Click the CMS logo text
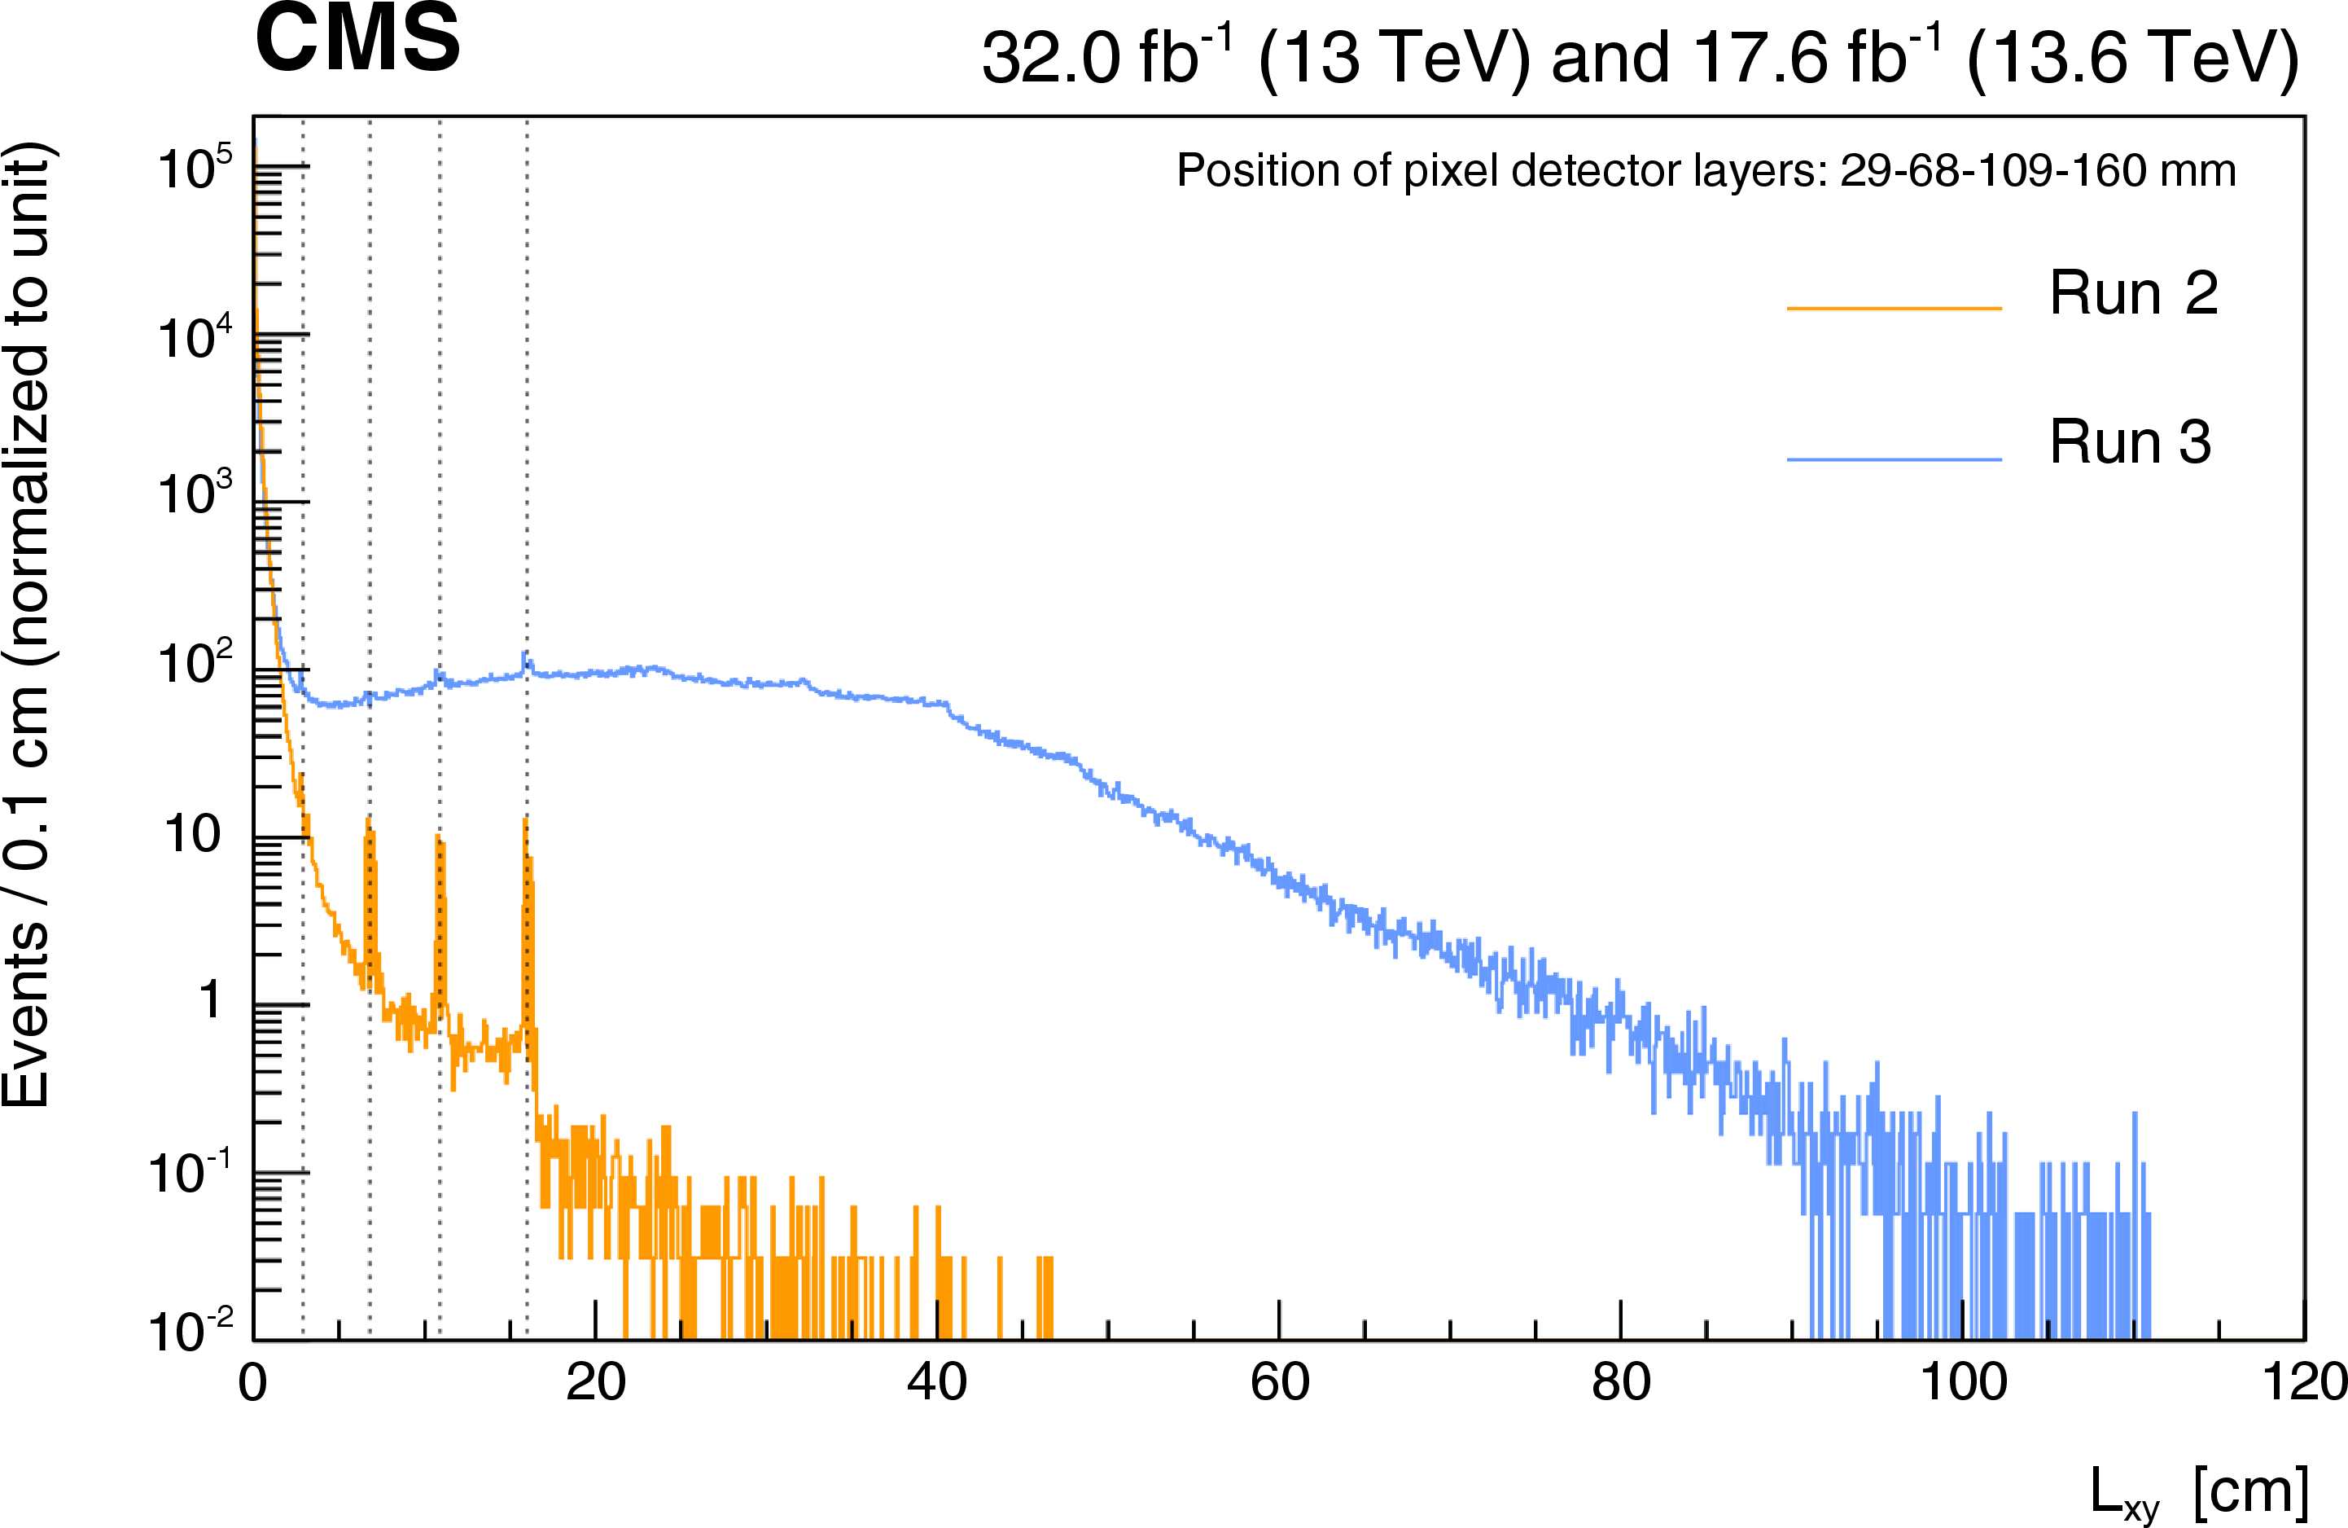[x=357, y=39]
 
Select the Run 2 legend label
[x=2133, y=293]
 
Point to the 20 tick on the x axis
[x=595, y=1383]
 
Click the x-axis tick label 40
[x=936, y=1383]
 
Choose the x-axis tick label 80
[x=1621, y=1383]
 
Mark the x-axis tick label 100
[x=1963, y=1383]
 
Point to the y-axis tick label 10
[x=191, y=834]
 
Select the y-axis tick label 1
[x=210, y=1001]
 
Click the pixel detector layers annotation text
[x=1706, y=171]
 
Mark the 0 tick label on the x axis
[x=252, y=1383]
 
